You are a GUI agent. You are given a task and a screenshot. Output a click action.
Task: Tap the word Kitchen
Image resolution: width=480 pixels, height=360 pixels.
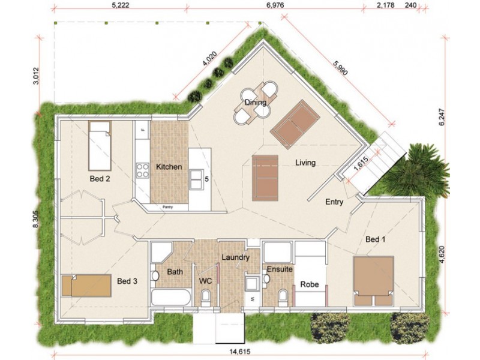tap(169, 167)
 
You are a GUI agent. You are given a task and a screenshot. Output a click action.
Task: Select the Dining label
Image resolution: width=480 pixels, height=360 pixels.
tap(255, 103)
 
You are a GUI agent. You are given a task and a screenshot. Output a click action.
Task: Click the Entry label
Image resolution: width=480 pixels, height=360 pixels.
tap(334, 202)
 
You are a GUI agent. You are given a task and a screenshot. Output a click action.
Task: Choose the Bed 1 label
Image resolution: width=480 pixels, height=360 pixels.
tap(375, 239)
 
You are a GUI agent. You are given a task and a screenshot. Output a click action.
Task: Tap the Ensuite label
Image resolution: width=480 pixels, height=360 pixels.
tap(279, 269)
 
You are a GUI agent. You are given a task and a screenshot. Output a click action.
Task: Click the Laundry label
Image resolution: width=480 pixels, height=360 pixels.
tap(235, 257)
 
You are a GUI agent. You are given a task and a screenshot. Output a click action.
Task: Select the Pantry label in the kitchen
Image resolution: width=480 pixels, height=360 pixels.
tap(168, 207)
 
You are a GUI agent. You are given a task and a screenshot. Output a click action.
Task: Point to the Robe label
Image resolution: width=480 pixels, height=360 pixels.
tap(309, 284)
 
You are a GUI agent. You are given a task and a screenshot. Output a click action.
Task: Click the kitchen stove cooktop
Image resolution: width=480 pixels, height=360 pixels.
tap(143, 170)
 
